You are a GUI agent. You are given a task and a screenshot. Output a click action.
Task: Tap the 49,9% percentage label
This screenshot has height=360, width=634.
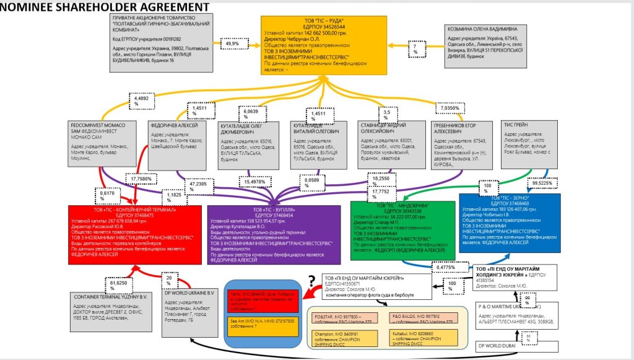[231, 44]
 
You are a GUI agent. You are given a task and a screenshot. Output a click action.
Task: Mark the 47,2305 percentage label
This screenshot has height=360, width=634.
[199, 184]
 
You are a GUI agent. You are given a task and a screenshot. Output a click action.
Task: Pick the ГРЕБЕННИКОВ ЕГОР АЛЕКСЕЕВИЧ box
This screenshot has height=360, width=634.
[455, 146]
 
